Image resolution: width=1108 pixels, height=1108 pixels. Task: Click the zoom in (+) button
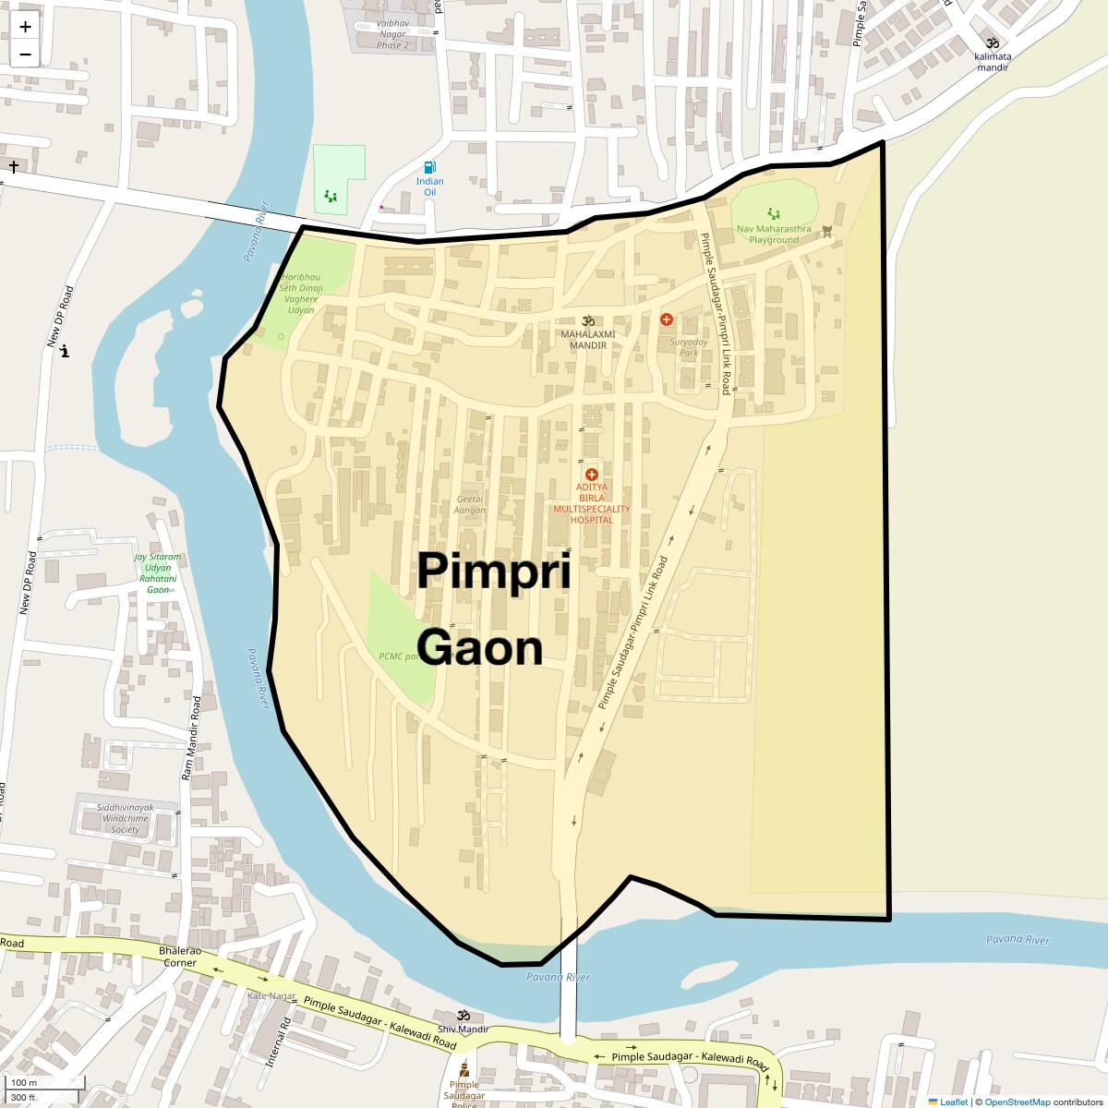[x=25, y=27]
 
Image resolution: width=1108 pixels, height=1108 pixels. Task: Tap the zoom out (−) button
[x=25, y=54]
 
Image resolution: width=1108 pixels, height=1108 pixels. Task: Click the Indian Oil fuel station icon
[x=429, y=167]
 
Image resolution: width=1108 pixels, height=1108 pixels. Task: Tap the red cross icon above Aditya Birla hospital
[x=592, y=475]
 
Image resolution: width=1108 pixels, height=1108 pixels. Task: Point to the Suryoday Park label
[x=689, y=347]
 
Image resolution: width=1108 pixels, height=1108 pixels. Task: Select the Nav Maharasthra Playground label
[x=774, y=235]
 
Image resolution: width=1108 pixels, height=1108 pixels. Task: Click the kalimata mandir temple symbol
[x=993, y=42]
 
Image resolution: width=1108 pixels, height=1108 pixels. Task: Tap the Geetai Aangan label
[x=470, y=504]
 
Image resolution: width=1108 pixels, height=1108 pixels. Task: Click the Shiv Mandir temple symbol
[x=464, y=1016]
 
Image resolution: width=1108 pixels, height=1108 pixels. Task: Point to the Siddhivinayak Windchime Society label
[x=126, y=818]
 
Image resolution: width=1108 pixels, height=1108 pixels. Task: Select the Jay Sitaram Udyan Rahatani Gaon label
[x=158, y=573]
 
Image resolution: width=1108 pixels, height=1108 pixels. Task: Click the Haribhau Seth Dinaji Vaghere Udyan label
[x=301, y=294]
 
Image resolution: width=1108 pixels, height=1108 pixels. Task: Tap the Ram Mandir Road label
[x=191, y=739]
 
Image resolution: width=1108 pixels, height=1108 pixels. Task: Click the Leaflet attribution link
[x=954, y=1102]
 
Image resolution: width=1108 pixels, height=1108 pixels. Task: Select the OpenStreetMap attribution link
[x=1017, y=1102]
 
